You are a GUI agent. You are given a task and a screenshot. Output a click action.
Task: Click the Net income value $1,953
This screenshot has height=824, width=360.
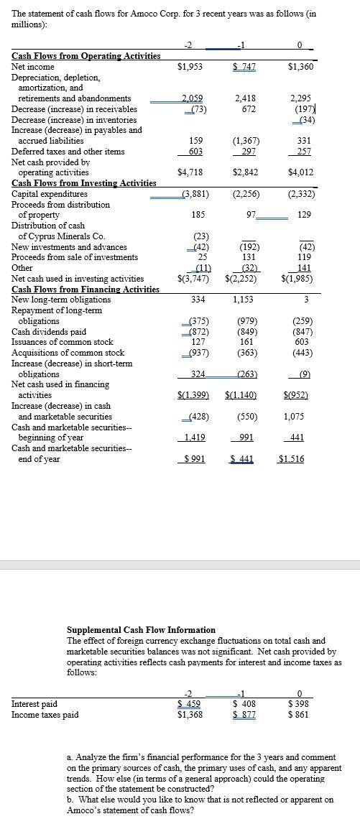[x=190, y=67]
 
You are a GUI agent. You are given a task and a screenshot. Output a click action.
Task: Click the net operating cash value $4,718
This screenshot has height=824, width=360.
[x=190, y=172]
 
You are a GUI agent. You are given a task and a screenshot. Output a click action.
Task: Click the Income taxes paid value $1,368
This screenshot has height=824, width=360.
[x=190, y=714]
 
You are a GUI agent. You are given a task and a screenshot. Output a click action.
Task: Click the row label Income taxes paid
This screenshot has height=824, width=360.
[x=45, y=714]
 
